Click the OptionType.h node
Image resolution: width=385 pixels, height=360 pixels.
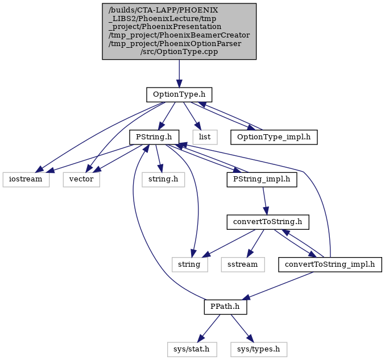pos(179,94)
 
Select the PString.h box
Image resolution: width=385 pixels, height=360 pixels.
pos(154,137)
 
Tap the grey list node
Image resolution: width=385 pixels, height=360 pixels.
pos(205,137)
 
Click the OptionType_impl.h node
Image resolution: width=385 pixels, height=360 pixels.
pos(274,137)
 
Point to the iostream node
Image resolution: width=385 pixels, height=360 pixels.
pos(26,180)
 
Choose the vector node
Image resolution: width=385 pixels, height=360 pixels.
pos(81,180)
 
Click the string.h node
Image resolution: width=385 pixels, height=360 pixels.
pos(163,180)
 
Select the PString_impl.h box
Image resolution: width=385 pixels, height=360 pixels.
pos(262,180)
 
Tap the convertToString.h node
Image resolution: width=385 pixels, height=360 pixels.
pos(268,222)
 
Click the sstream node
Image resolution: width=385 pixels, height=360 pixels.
pos(243,264)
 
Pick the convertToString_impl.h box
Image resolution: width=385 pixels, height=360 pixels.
pos(330,264)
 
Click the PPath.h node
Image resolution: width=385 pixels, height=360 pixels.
pos(225,307)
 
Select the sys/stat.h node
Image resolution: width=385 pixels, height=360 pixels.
pos(192,349)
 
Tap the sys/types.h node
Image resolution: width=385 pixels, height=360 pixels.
pos(259,349)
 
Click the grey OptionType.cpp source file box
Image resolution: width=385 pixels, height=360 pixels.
pos(179,31)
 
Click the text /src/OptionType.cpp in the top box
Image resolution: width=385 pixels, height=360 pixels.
pos(179,52)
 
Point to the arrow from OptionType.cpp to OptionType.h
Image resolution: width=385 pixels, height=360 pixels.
pos(179,73)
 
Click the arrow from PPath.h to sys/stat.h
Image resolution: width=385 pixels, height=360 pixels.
pos(209,328)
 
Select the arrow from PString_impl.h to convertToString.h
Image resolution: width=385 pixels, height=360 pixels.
pos(264,201)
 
